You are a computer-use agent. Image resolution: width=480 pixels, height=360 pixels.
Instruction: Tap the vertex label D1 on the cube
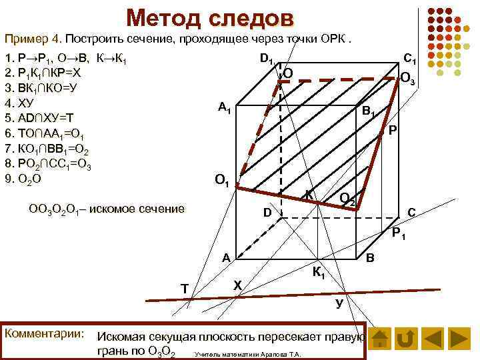[267, 61]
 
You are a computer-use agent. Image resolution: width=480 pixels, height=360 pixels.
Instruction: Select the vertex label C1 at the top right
[410, 59]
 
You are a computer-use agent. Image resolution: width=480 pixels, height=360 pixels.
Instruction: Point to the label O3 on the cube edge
[408, 79]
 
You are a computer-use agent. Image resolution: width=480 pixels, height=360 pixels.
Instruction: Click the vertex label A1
[225, 108]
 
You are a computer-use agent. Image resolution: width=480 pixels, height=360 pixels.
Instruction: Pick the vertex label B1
[369, 113]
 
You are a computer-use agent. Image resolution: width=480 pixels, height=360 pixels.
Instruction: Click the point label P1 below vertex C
[401, 234]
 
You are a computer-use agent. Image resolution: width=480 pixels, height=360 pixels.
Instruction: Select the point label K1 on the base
[319, 272]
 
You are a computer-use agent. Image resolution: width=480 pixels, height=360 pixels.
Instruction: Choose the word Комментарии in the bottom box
[43, 332]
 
